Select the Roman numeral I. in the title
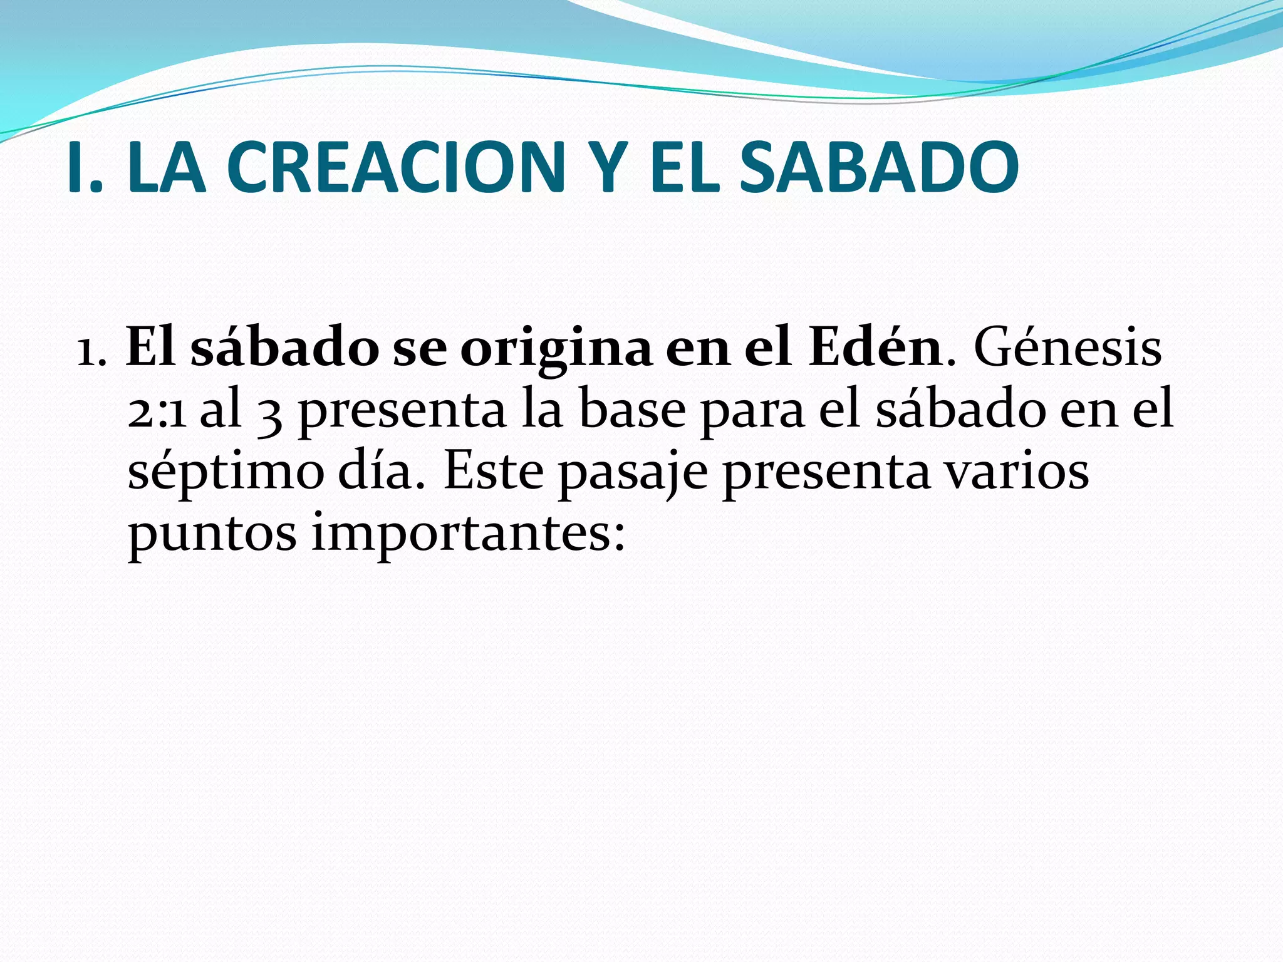85,168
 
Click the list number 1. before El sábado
91,351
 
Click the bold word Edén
876,348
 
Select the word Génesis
1067,348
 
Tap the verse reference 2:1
157,412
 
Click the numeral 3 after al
269,413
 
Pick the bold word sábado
284,348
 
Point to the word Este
494,471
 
